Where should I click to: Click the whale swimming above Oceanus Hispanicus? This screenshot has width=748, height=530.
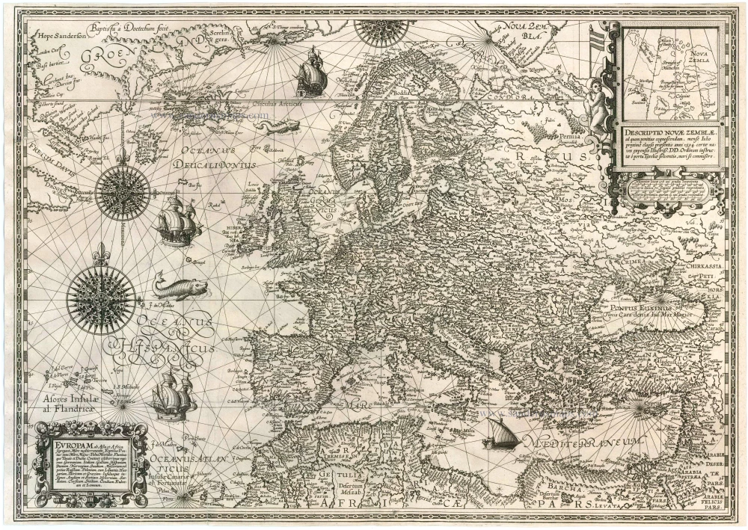pyautogui.click(x=178, y=287)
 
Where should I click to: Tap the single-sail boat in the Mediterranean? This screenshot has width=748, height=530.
pyautogui.click(x=500, y=434)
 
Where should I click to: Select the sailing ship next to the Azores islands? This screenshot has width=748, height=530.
pyautogui.click(x=173, y=395)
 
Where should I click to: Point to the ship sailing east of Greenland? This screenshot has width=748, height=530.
pyautogui.click(x=311, y=73)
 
